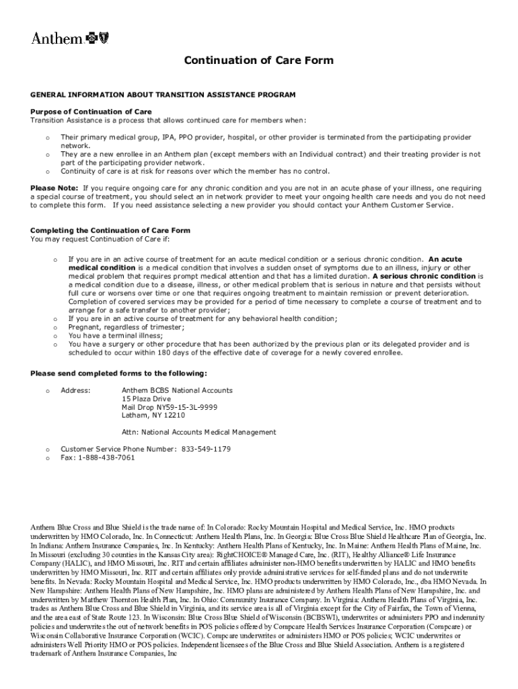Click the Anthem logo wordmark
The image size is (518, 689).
pos(57,38)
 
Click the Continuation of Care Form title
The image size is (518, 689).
pos(259,61)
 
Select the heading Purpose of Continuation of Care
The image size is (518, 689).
pos(91,112)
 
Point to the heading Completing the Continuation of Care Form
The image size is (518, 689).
pos(110,230)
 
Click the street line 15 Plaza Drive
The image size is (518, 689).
pos(147,399)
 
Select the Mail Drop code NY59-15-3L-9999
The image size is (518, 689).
pos(184,407)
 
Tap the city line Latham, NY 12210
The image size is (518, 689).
pos(153,416)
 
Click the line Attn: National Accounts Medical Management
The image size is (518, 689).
pos(198,432)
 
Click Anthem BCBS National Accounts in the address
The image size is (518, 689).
pos(177,390)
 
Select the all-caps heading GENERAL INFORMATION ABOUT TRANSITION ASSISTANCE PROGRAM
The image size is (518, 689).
pos(163,96)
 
